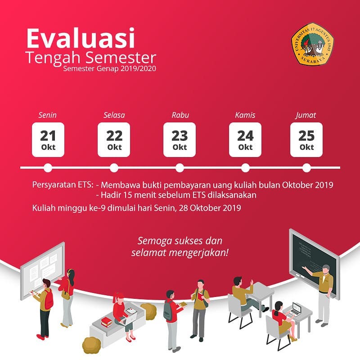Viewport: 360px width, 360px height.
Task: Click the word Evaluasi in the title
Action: pyautogui.click(x=81, y=39)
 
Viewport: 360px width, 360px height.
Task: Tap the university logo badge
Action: pyautogui.click(x=311, y=43)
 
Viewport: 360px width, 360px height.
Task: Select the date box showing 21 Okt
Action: pyautogui.click(x=48, y=139)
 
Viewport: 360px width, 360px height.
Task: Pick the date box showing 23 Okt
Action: pyautogui.click(x=180, y=139)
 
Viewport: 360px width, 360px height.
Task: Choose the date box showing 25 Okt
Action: pyautogui.click(x=306, y=139)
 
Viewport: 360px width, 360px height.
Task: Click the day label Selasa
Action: pyautogui.click(x=114, y=115)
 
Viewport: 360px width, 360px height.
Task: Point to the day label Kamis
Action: pyautogui.click(x=245, y=115)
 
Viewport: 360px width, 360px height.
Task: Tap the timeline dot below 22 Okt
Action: pyautogui.click(x=114, y=168)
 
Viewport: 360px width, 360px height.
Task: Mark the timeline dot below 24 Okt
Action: pyautogui.click(x=245, y=168)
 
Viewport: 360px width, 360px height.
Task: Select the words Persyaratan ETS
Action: pyautogui.click(x=63, y=185)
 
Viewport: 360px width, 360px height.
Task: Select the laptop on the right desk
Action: pyautogui.click(x=295, y=309)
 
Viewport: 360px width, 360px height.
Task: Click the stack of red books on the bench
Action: pyautogui.click(x=106, y=321)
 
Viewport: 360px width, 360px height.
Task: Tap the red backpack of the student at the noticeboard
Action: pyautogui.click(x=49, y=299)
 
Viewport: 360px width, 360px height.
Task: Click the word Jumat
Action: pyautogui.click(x=306, y=115)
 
